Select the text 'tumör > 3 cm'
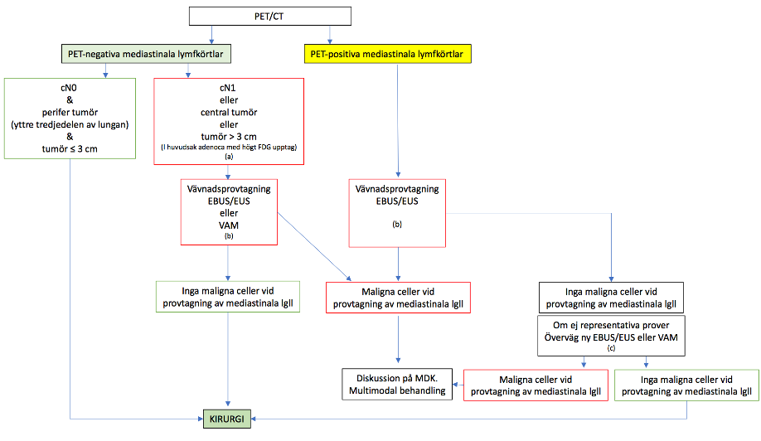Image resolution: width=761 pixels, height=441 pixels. point(229,136)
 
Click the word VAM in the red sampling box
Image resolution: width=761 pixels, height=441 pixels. point(229,224)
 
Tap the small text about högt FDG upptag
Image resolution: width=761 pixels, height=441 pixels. point(229,148)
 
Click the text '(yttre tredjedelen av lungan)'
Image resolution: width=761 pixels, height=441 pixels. point(70,125)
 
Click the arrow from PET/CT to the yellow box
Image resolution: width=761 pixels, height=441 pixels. point(331,34)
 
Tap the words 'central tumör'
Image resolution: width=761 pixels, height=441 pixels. point(229,113)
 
